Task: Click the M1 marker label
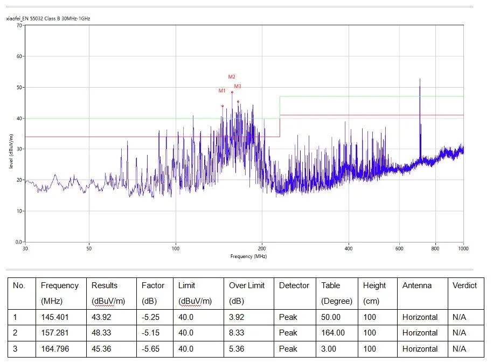222,91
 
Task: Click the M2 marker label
232,77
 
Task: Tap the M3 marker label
238,87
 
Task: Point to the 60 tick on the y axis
19,56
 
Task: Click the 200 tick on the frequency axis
262,248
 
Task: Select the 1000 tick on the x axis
463,248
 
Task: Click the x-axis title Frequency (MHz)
248,256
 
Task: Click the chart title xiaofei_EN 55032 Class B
48,19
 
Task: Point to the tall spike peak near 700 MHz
420,80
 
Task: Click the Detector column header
294,286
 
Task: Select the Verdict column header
464,286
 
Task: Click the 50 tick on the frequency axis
89,248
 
